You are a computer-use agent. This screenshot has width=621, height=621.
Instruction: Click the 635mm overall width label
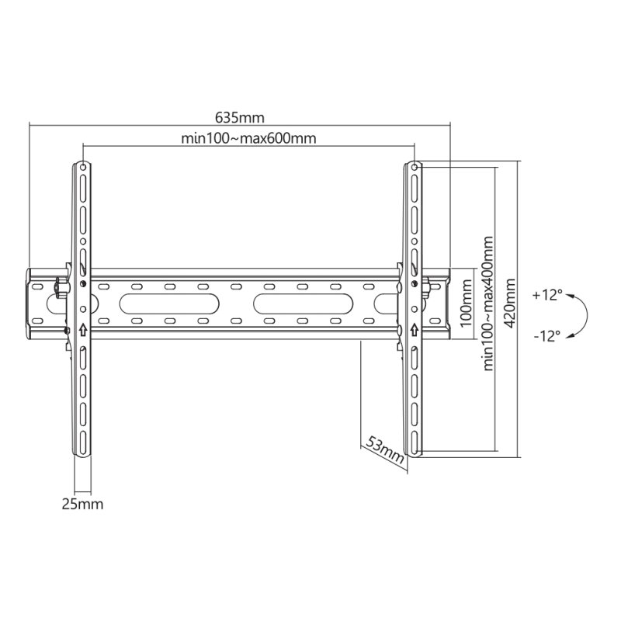click(x=240, y=118)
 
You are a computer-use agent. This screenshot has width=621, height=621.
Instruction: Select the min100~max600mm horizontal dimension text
click(x=248, y=139)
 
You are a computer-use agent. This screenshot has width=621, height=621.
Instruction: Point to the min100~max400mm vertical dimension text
click(x=489, y=304)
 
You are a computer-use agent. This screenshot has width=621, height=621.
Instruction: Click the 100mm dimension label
click(x=466, y=305)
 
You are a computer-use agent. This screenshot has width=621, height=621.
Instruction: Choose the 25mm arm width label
click(x=82, y=504)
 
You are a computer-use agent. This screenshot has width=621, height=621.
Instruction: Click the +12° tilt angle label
click(x=548, y=296)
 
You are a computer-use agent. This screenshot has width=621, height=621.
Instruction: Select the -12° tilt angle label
click(x=547, y=336)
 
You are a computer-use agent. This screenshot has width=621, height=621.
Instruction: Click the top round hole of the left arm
click(x=83, y=165)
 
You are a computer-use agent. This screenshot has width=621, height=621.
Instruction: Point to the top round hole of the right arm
click(x=415, y=166)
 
